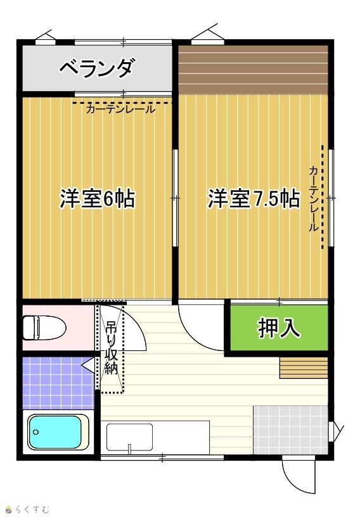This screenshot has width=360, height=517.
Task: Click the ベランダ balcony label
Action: (98, 68)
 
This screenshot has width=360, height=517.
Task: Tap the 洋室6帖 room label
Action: (98, 198)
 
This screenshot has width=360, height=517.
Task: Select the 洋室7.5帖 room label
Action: (254, 198)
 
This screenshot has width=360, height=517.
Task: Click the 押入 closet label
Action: (279, 328)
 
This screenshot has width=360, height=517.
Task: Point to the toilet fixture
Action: (44, 328)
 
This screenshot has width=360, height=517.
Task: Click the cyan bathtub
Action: (55, 432)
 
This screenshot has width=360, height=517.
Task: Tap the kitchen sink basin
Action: (130, 437)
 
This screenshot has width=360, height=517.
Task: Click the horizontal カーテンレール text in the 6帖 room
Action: (120, 109)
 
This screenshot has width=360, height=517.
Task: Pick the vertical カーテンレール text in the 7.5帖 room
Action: (314, 198)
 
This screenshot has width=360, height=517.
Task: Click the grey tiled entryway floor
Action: (290, 430)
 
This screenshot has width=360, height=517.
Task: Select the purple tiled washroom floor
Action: (58, 383)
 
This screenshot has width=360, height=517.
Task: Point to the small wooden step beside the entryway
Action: (304, 367)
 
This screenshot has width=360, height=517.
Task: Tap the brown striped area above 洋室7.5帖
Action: (253, 70)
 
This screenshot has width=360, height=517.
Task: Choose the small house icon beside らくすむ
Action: (9, 510)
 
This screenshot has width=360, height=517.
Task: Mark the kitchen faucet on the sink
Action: (130, 448)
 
